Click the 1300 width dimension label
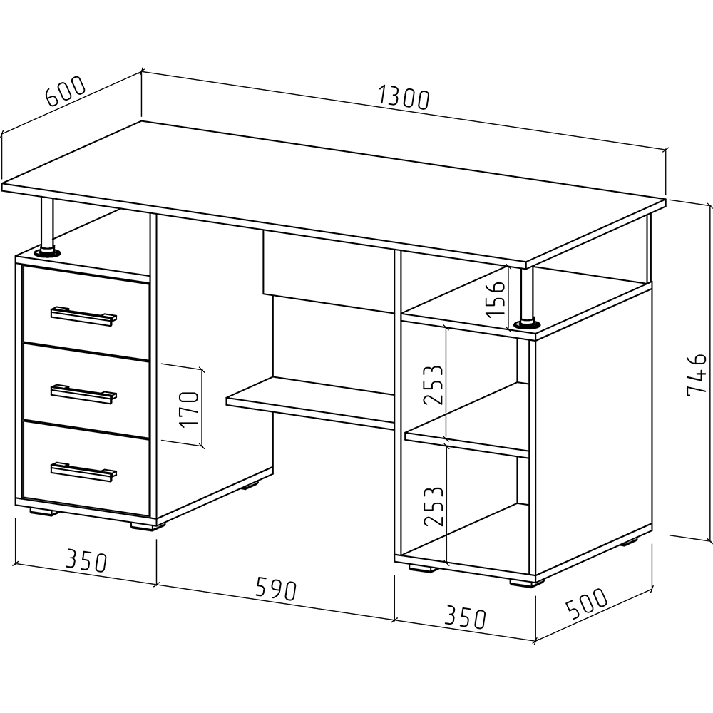[x=403, y=99]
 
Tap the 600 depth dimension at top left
[x=65, y=91]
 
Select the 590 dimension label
[x=276, y=589]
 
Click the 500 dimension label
[x=586, y=603]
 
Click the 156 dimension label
[x=494, y=299]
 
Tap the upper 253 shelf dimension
[x=433, y=385]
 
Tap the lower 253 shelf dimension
[x=433, y=506]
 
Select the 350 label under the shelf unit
[x=465, y=616]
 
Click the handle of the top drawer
[x=83, y=316]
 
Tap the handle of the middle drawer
[x=83, y=394]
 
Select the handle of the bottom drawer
[x=83, y=471]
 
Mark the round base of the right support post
[x=527, y=324]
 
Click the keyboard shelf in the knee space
[x=311, y=402]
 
